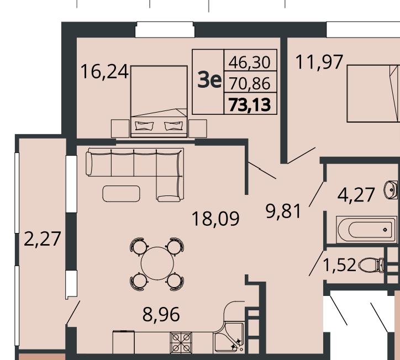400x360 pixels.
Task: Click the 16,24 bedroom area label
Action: [x=104, y=72]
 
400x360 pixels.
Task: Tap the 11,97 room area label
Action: [x=319, y=62]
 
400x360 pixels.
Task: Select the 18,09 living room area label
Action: [x=215, y=219]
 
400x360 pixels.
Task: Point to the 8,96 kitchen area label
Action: [x=161, y=314]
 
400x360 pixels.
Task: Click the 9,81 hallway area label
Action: [x=283, y=211]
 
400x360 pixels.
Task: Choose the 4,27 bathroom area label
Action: [x=356, y=195]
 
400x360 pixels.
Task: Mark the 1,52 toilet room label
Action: [x=339, y=264]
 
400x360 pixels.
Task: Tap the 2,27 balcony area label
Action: [x=43, y=239]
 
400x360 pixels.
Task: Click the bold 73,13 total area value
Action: [x=250, y=105]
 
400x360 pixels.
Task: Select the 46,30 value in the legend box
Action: [x=250, y=62]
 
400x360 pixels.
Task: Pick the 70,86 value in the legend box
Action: [x=250, y=83]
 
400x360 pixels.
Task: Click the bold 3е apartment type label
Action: [x=209, y=81]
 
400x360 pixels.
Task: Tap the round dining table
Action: [x=157, y=263]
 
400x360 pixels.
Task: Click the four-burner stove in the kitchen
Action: [x=181, y=343]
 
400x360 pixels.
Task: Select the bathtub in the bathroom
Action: [x=367, y=230]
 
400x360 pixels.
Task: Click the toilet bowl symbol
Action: [x=371, y=265]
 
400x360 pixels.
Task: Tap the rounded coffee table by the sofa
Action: [x=121, y=194]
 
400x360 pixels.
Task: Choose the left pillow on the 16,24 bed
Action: [x=144, y=126]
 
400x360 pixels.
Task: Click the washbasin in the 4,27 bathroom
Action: [x=391, y=190]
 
